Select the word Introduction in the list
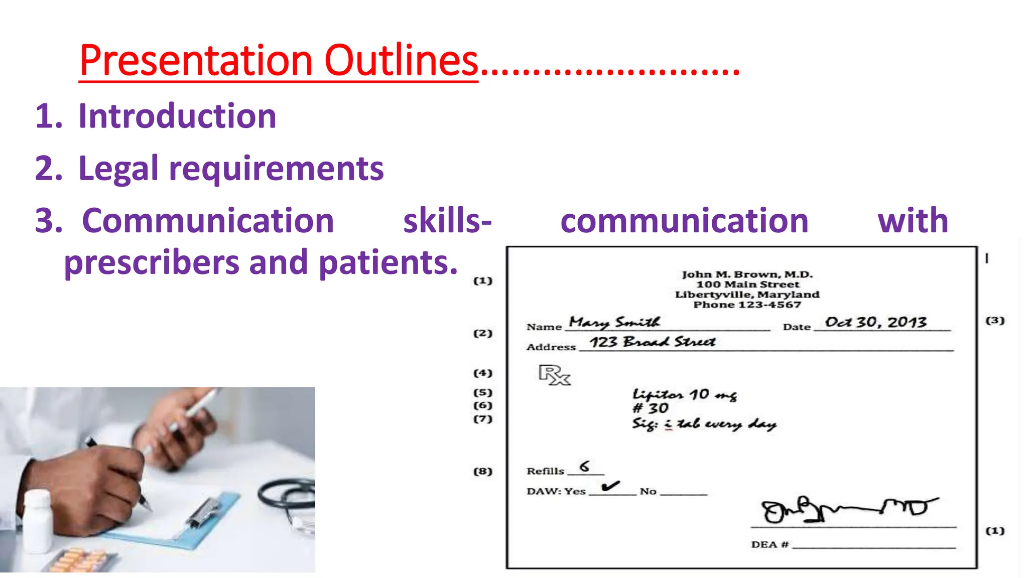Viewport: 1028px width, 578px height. pyautogui.click(x=177, y=116)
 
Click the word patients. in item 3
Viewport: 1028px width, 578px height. pyautogui.click(x=388, y=262)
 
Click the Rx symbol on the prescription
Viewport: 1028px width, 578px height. pyautogui.click(x=554, y=375)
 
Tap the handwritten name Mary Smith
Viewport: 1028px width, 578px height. pyautogui.click(x=614, y=322)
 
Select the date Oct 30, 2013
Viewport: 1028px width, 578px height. pyautogui.click(x=875, y=322)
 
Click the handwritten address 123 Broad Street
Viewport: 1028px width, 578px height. pyautogui.click(x=652, y=342)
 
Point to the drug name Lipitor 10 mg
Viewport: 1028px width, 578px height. pyautogui.click(x=684, y=395)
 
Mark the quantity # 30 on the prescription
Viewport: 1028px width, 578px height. pyautogui.click(x=650, y=408)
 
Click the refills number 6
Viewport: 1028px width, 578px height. pyautogui.click(x=585, y=467)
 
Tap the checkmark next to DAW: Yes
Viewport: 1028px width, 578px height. pyautogui.click(x=610, y=486)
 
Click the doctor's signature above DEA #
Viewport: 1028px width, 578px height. pyautogui.click(x=848, y=510)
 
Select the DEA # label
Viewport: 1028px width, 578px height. pyautogui.click(x=769, y=545)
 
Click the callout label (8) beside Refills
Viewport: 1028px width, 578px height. pyautogui.click(x=483, y=471)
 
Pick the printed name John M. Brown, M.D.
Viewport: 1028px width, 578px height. pyautogui.click(x=747, y=274)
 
